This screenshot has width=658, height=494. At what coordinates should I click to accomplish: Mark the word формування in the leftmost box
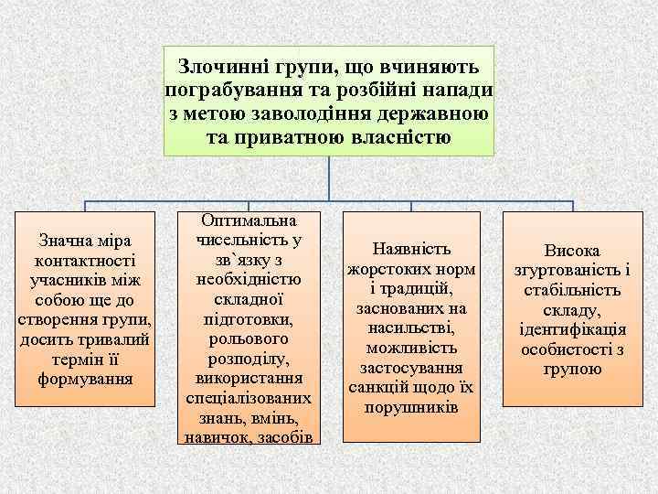(85, 377)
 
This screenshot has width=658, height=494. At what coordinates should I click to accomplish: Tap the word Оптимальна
(249, 222)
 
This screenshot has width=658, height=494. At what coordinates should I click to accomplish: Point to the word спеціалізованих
(249, 399)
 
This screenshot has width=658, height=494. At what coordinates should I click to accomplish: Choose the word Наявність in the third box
(411, 250)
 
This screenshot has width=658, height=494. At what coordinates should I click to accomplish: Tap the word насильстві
(411, 328)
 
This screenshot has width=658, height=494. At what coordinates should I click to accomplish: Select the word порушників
(411, 405)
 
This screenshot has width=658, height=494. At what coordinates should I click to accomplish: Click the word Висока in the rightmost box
(573, 251)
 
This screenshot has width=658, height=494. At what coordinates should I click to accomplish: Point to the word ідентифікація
(573, 329)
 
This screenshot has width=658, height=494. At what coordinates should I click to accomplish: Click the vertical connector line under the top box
(329, 178)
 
